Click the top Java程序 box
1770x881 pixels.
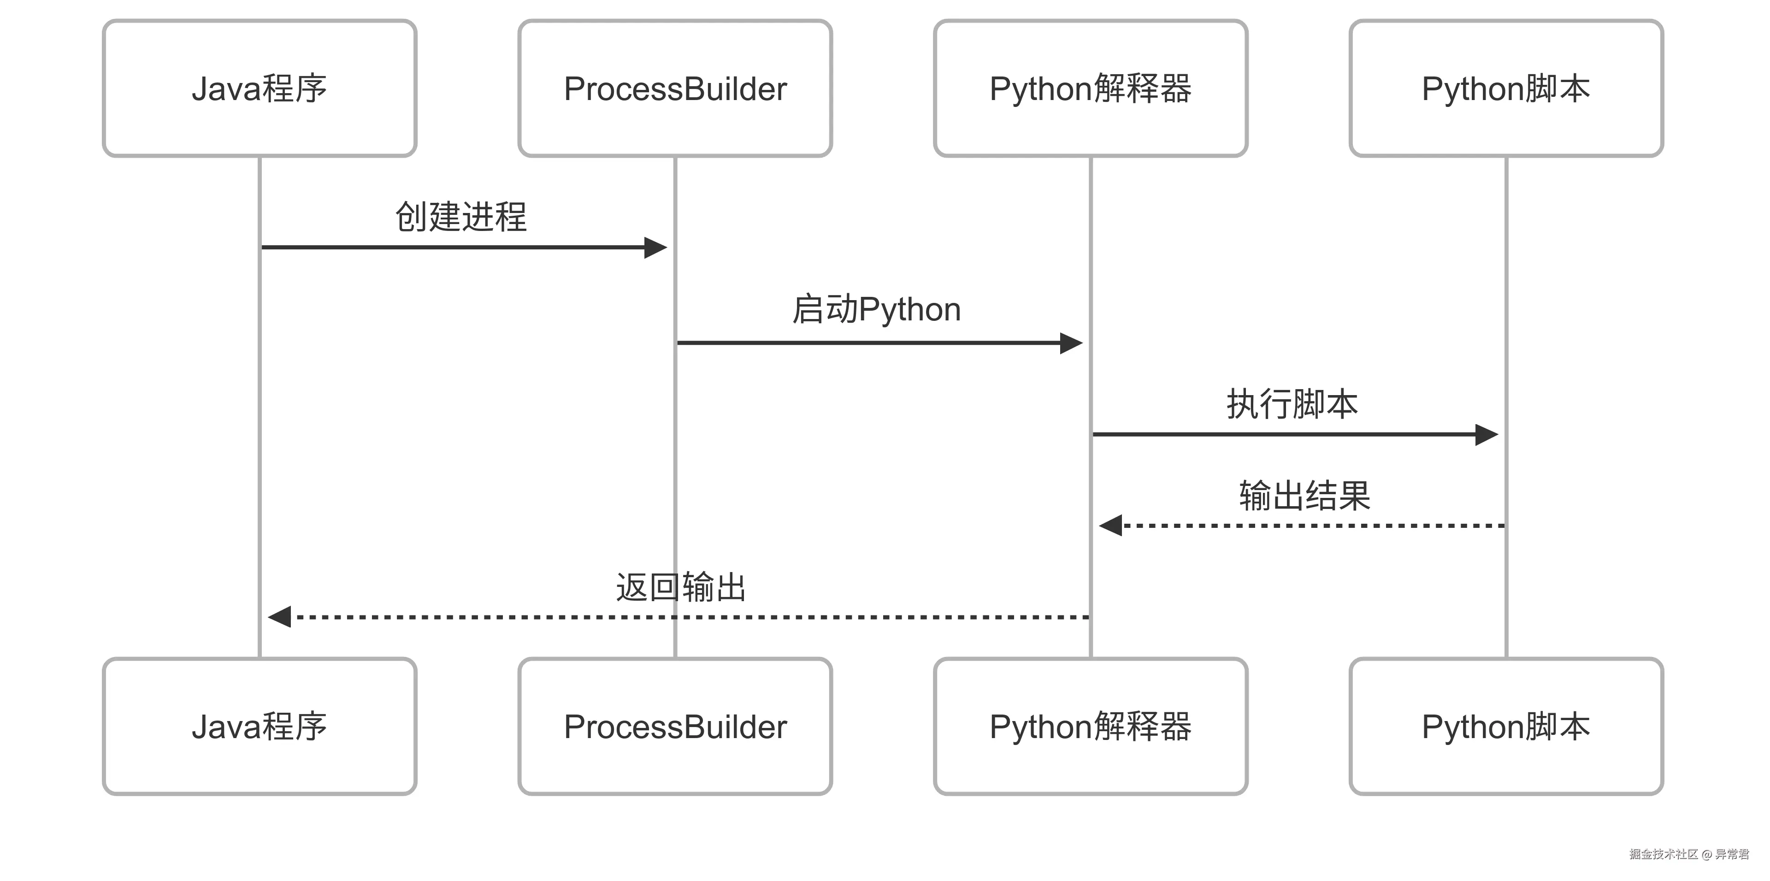click(259, 88)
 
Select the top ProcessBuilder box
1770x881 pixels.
click(675, 88)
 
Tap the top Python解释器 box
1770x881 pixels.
click(1091, 88)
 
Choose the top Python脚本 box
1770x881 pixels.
click(1506, 88)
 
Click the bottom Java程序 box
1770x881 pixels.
click(259, 727)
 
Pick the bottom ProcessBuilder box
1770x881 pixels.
click(675, 727)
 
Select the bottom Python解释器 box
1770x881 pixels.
click(1091, 727)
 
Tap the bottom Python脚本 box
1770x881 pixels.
click(1506, 727)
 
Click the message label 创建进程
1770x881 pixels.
click(460, 217)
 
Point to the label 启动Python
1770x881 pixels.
click(876, 309)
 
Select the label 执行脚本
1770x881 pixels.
click(1292, 404)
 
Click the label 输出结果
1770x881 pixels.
click(1304, 496)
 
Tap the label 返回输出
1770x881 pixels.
click(680, 587)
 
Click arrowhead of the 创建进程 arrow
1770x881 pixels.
click(655, 248)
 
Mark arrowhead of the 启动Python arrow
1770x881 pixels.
click(1071, 343)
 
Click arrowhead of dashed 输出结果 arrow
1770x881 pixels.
click(1111, 526)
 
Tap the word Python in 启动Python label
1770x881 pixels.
click(910, 309)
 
